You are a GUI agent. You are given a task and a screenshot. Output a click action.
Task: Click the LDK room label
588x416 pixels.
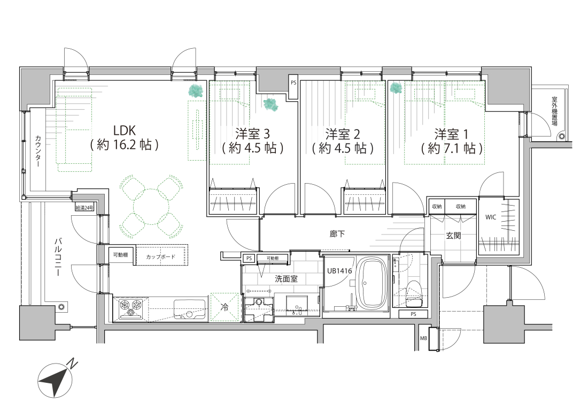tap(125, 131)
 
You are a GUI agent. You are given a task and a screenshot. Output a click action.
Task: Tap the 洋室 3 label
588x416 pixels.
tap(252, 134)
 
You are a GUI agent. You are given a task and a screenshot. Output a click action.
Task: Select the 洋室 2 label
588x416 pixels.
tap(342, 134)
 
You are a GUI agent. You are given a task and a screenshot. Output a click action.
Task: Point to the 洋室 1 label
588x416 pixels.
tap(452, 134)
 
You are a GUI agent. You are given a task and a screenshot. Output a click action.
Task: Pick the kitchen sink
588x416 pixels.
tap(190, 309)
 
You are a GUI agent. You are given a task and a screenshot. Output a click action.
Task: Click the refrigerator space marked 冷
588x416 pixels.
tap(225, 307)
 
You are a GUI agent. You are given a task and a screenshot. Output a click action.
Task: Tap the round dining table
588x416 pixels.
tap(151, 206)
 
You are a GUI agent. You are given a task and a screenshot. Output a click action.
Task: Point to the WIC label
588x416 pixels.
tap(491, 217)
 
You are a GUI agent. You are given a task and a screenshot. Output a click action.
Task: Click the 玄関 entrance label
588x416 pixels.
tap(453, 236)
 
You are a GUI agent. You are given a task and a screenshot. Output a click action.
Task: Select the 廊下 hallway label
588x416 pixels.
tap(337, 234)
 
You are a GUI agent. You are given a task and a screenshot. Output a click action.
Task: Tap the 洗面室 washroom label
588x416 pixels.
tap(286, 278)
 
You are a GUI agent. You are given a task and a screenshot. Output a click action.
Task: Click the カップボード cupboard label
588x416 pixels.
tap(160, 257)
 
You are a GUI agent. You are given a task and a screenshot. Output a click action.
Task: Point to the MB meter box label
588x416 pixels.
tap(423, 338)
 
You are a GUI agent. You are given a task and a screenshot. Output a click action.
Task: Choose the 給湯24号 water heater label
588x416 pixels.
tap(84, 208)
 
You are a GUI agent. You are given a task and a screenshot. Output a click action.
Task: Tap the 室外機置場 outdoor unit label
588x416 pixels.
tap(555, 111)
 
